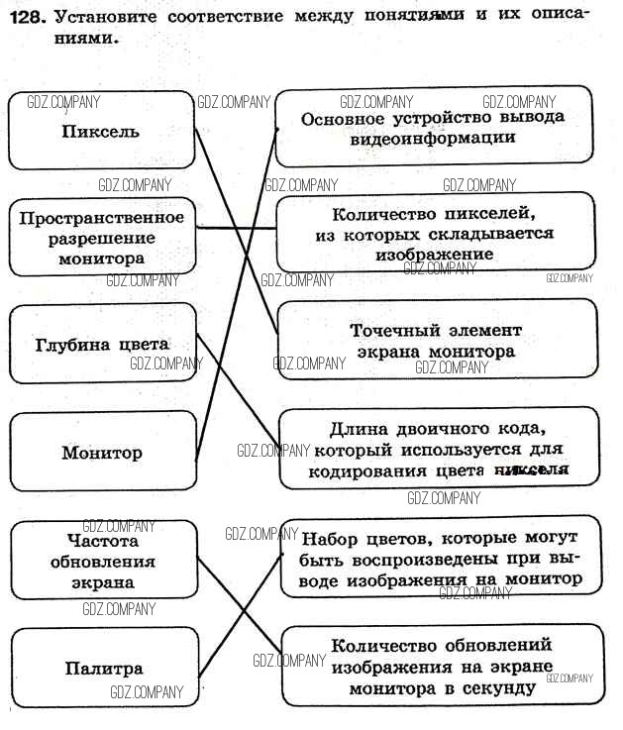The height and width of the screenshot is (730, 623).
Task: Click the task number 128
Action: click(25, 17)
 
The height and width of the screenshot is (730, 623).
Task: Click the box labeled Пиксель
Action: click(100, 132)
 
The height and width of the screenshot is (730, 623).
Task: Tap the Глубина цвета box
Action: click(102, 345)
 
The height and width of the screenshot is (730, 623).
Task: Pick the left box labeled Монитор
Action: click(102, 453)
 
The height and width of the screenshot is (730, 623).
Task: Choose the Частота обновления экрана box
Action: click(103, 562)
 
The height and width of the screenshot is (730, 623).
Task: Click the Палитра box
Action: click(103, 669)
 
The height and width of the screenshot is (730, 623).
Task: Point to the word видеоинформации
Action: click(433, 138)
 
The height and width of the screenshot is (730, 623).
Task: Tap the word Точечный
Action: click(390, 330)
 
